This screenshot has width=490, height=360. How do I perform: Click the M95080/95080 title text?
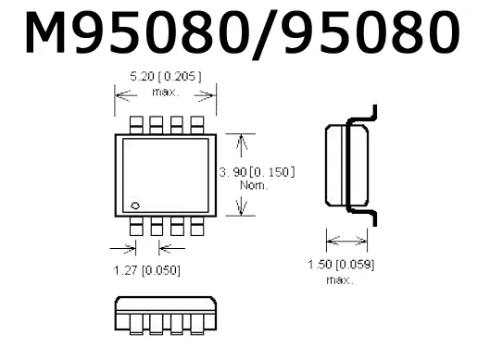point(243,33)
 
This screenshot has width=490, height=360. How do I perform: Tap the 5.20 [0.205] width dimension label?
point(166,77)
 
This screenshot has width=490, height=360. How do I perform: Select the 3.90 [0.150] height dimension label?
point(257,172)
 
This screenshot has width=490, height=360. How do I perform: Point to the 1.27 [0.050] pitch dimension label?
point(147,270)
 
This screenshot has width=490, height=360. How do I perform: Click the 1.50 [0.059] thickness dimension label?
point(341,265)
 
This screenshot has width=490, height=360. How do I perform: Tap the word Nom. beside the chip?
point(254,185)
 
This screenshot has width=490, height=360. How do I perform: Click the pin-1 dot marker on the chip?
point(135,205)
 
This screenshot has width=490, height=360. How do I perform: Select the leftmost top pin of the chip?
point(136,125)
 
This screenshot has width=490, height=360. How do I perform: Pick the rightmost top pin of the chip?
point(197,125)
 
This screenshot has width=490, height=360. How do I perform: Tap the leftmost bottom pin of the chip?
point(136,226)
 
